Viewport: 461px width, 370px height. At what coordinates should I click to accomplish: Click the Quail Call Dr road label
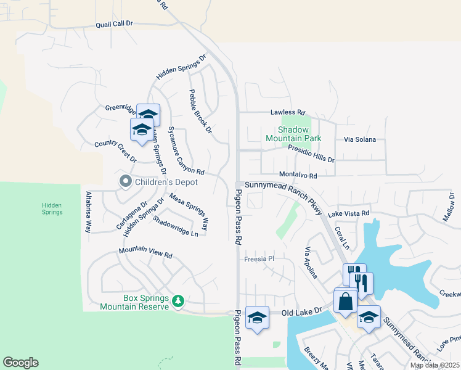point(114,23)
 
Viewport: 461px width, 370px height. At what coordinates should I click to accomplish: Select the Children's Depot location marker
point(126,181)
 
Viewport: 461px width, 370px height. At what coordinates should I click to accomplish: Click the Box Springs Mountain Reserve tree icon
point(178,300)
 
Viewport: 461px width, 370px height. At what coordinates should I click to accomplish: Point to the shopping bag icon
point(345,302)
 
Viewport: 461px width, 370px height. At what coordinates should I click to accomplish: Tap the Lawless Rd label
point(288,113)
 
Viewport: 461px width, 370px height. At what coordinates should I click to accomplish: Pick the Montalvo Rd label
point(298,175)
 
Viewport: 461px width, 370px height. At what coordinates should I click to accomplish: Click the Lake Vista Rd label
point(348,213)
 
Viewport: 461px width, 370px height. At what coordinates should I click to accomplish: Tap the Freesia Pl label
point(258,259)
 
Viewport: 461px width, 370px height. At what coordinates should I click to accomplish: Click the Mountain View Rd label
point(145,253)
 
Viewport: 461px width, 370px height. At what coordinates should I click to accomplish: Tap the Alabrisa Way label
point(89,211)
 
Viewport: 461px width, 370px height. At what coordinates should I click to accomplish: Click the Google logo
point(20,363)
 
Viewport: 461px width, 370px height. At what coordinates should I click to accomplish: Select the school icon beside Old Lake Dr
point(257,317)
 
